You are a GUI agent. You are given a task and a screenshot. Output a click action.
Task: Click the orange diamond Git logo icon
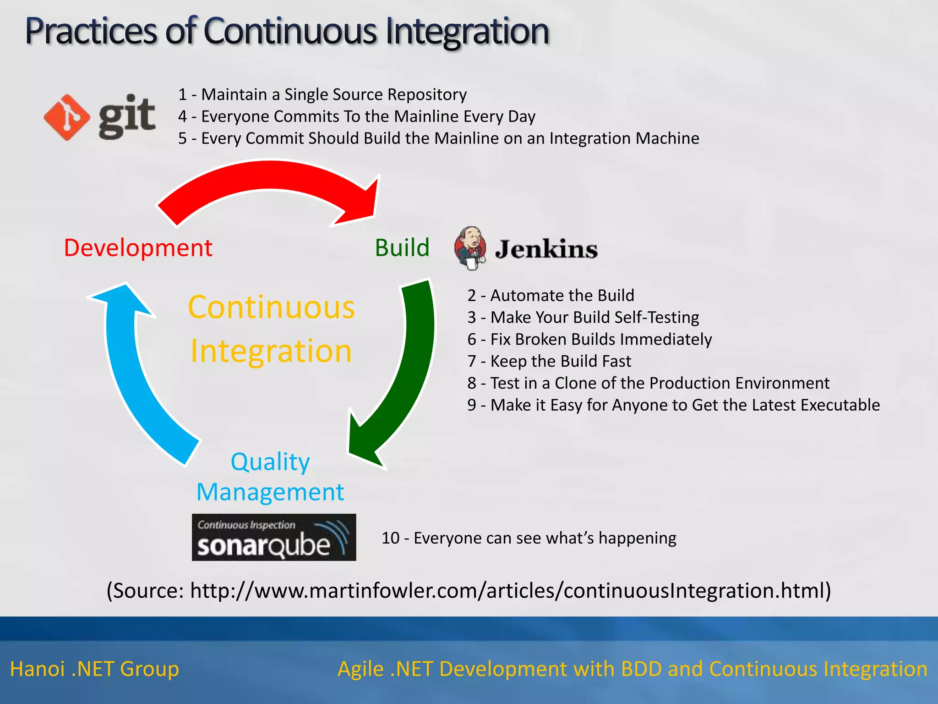(67, 117)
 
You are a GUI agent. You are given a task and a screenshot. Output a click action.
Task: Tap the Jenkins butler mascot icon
(470, 247)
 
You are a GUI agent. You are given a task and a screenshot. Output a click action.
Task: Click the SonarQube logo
(273, 537)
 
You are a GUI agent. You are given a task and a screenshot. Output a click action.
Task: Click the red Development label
(138, 248)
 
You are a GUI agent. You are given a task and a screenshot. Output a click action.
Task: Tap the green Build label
(402, 248)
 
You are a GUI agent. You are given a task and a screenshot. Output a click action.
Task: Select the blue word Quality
(270, 462)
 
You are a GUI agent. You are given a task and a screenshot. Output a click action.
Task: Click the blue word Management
(270, 492)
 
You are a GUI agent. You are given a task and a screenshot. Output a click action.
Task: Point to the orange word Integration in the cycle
(271, 351)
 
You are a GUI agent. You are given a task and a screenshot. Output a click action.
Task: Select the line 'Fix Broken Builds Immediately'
(589, 339)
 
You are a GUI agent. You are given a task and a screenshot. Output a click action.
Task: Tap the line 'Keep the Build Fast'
(549, 361)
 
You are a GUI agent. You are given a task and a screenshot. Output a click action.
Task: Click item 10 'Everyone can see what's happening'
(529, 538)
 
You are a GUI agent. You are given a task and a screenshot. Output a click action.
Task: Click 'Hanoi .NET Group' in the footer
(94, 669)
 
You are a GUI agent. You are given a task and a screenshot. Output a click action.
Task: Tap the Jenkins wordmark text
(546, 249)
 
